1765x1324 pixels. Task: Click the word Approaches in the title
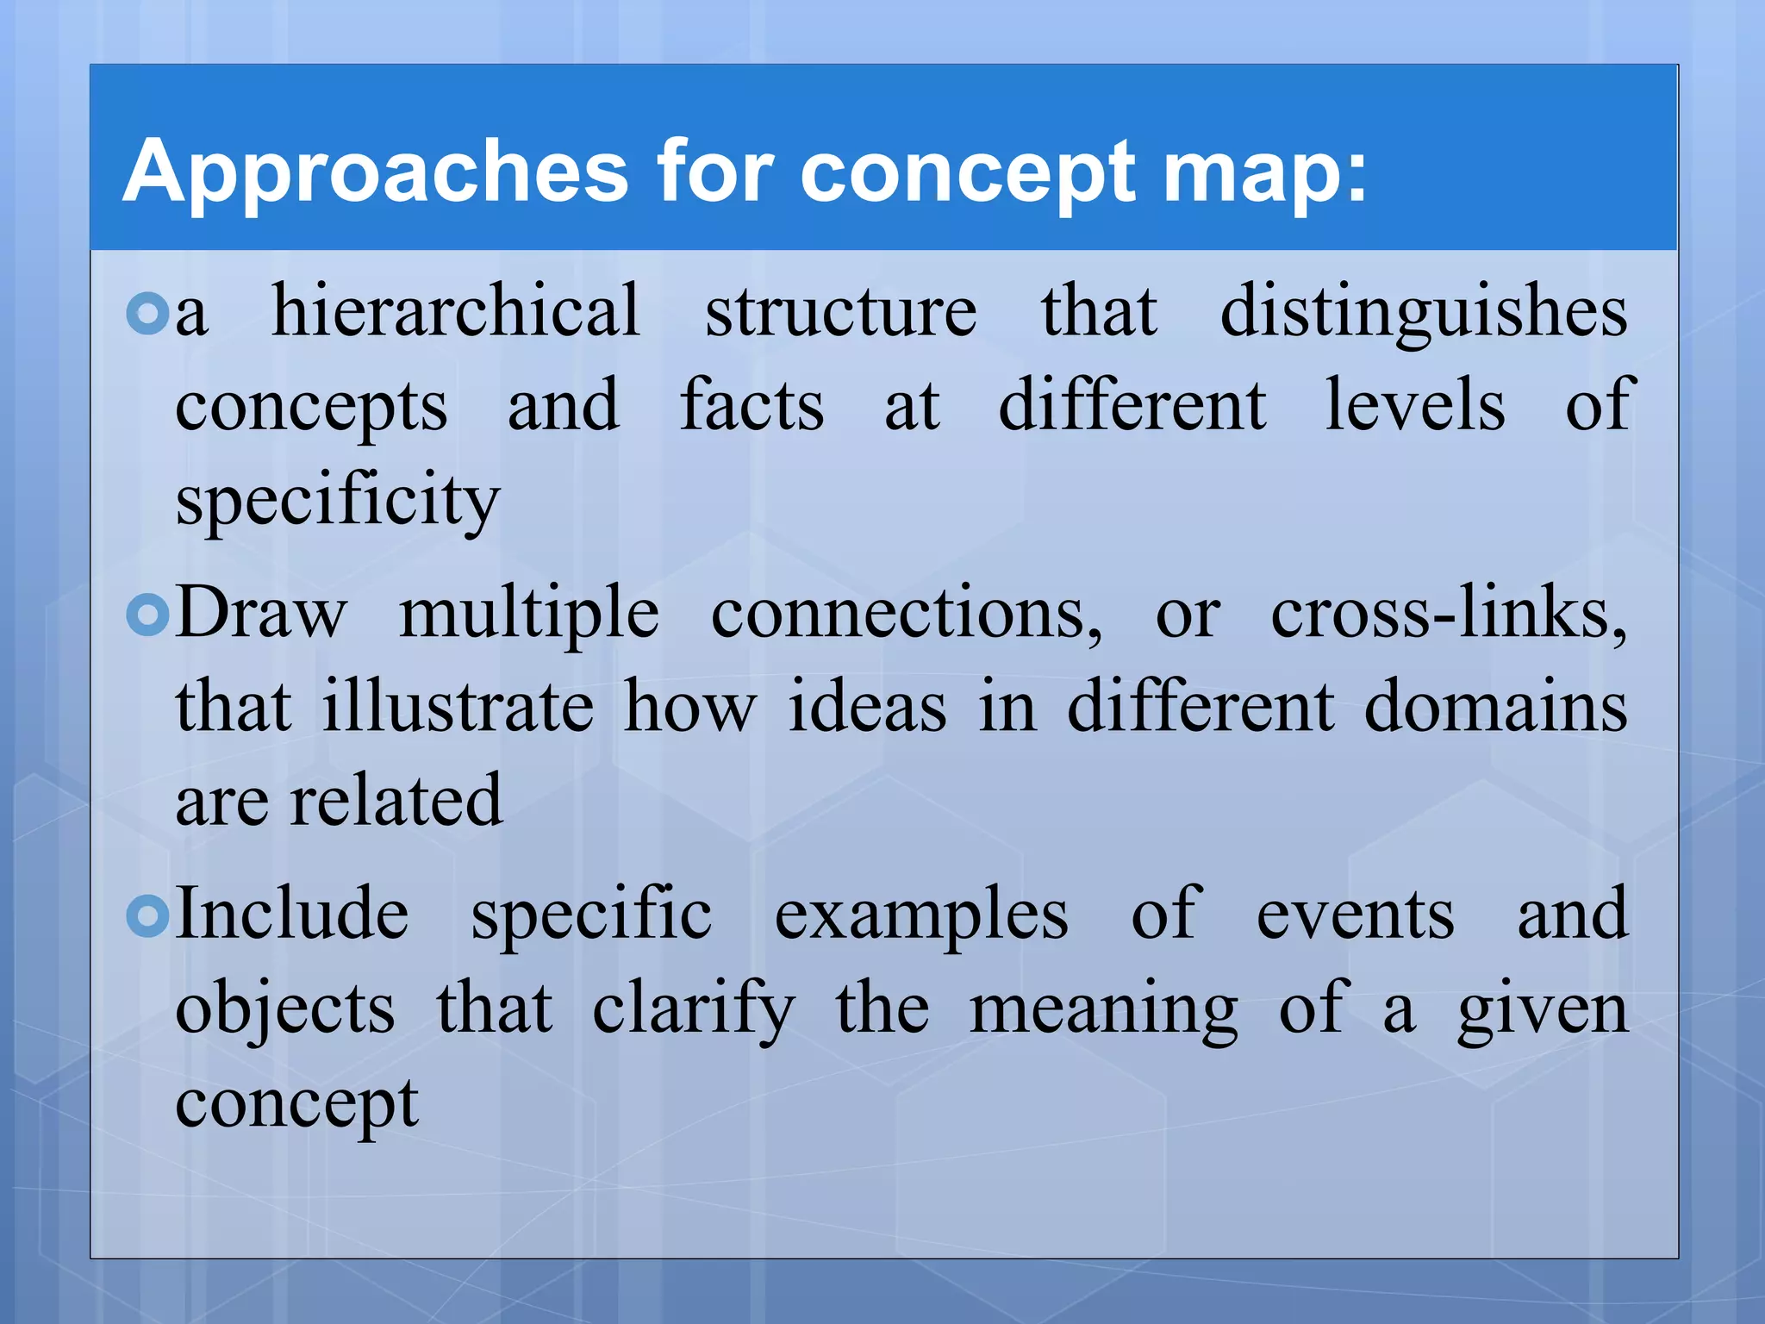(x=375, y=172)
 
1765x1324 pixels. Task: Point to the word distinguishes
(x=1424, y=312)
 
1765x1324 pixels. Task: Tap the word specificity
(x=337, y=502)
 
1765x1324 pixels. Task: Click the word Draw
(x=261, y=613)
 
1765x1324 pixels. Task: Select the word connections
(x=906, y=615)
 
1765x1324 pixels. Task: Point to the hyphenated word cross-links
(x=1449, y=613)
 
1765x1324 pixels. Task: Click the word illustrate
(x=458, y=707)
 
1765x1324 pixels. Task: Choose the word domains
(x=1496, y=707)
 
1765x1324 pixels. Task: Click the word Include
(x=292, y=914)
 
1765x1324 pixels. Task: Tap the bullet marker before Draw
(x=147, y=615)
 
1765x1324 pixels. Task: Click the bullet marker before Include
(x=147, y=916)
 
